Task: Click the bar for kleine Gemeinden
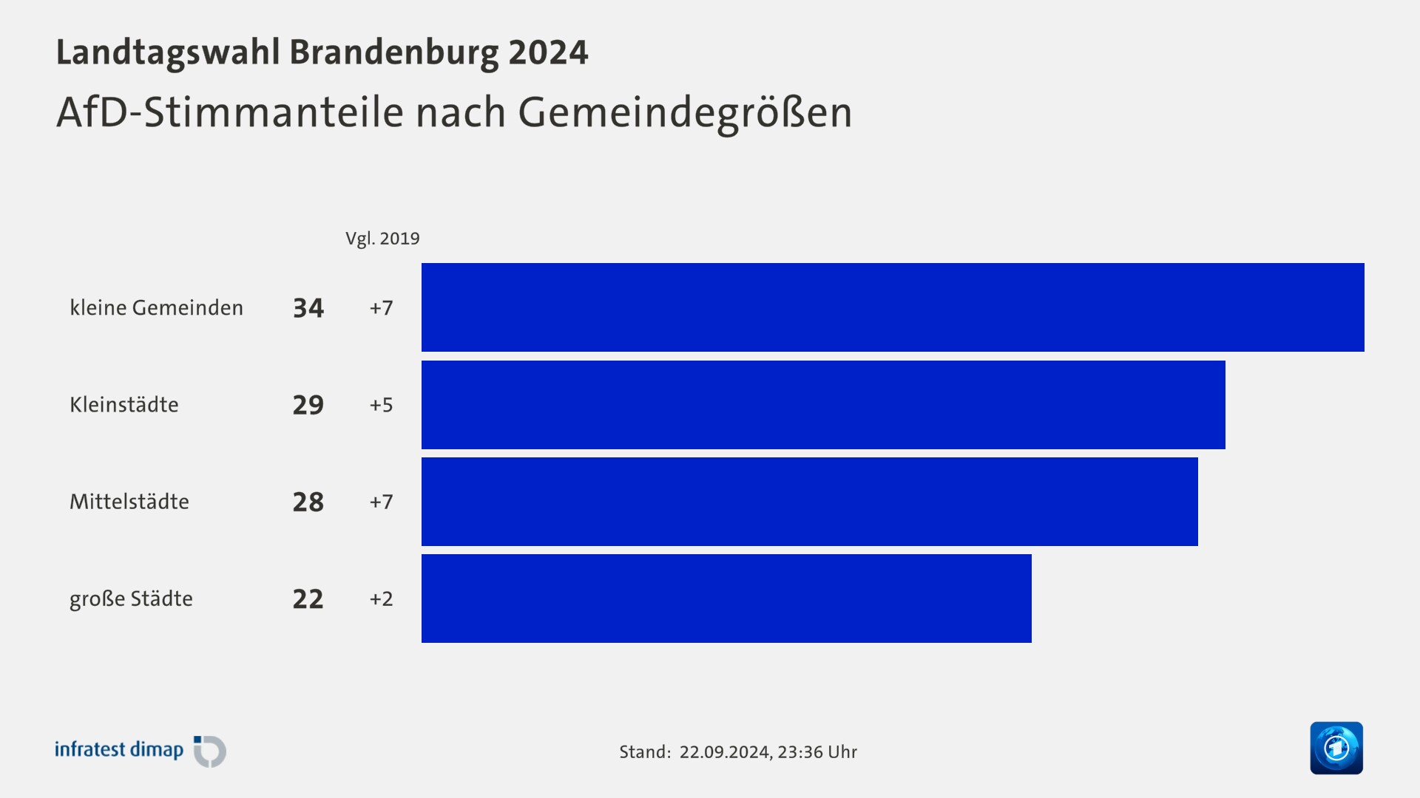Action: point(893,307)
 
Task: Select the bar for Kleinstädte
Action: point(823,405)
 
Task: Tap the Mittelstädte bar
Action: point(809,502)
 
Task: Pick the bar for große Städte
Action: point(726,598)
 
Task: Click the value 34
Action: point(308,307)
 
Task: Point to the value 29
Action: point(308,405)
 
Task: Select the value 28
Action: point(308,502)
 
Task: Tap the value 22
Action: point(308,598)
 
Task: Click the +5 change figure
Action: point(381,405)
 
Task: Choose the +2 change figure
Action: point(381,598)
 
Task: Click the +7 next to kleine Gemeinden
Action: point(381,307)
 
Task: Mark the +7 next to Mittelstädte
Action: point(381,502)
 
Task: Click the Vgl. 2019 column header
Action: point(382,239)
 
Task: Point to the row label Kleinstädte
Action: point(124,405)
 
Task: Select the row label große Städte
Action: point(131,598)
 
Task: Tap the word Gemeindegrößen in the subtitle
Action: point(685,113)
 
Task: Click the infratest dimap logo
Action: point(141,751)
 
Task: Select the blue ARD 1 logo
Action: point(1336,748)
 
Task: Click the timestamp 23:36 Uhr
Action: point(817,752)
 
